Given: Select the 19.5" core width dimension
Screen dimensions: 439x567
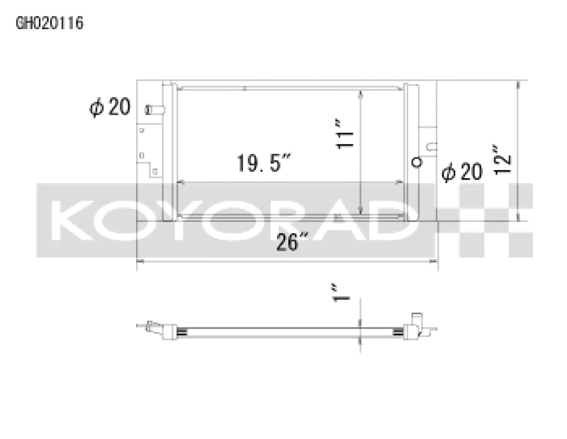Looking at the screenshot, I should [264, 165].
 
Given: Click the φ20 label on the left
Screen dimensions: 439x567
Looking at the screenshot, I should [109, 107].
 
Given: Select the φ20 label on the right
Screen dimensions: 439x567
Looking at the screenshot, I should [461, 171].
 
